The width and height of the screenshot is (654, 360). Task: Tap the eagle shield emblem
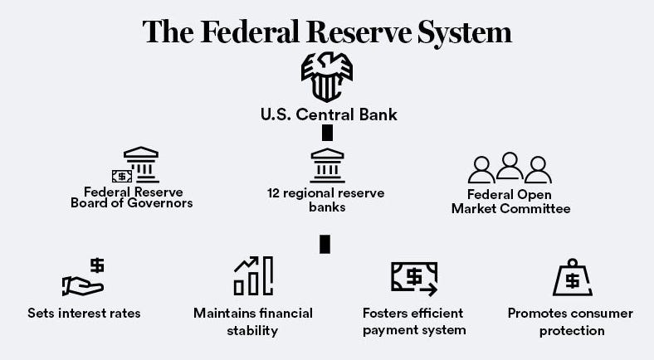pyautogui.click(x=326, y=77)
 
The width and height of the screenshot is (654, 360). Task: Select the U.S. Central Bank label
pyautogui.click(x=329, y=114)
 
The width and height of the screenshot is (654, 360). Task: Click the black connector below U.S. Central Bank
pyautogui.click(x=327, y=133)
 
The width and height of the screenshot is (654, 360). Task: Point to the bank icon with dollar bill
pyautogui.click(x=135, y=165)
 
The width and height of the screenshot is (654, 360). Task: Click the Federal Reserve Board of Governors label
pyautogui.click(x=132, y=197)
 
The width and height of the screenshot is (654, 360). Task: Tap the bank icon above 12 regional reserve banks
pyautogui.click(x=327, y=165)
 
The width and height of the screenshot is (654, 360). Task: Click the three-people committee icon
pyautogui.click(x=510, y=168)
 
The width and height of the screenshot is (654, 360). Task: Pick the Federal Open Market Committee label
pyautogui.click(x=510, y=202)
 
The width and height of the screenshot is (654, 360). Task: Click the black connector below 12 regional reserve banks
pyautogui.click(x=325, y=244)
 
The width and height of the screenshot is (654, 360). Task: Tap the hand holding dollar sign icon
pyautogui.click(x=84, y=278)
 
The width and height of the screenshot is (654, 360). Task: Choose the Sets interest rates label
pyautogui.click(x=84, y=314)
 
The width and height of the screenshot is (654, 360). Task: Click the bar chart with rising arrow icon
pyautogui.click(x=253, y=276)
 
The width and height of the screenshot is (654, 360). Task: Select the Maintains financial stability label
pyautogui.click(x=253, y=321)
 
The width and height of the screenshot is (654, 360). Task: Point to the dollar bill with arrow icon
pyautogui.click(x=414, y=277)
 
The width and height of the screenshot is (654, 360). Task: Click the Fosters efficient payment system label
pyautogui.click(x=414, y=321)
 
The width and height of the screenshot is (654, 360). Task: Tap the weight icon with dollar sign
pyautogui.click(x=572, y=277)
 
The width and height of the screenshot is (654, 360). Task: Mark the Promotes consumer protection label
pyautogui.click(x=570, y=321)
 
